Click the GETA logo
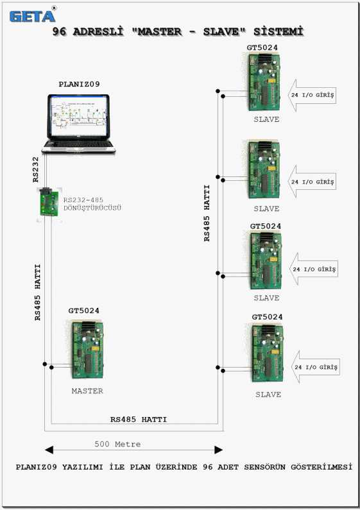[x=32, y=15]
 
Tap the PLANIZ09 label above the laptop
[x=79, y=84]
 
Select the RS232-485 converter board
[x=49, y=203]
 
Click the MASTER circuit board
[x=87, y=350]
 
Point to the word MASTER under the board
[x=87, y=391]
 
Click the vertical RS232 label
[x=35, y=169]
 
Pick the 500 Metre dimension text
[x=117, y=444]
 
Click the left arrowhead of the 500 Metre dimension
[x=49, y=450]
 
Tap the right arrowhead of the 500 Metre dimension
[x=219, y=450]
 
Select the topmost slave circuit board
[x=264, y=82]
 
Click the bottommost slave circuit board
[x=268, y=353]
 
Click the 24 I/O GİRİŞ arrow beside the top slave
[x=312, y=95]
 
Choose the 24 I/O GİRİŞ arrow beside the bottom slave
[x=316, y=367]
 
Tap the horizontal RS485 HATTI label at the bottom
[x=139, y=420]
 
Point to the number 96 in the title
[x=60, y=31]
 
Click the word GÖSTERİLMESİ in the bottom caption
[x=321, y=467]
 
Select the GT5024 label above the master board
[x=83, y=310]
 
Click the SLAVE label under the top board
[x=266, y=119]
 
